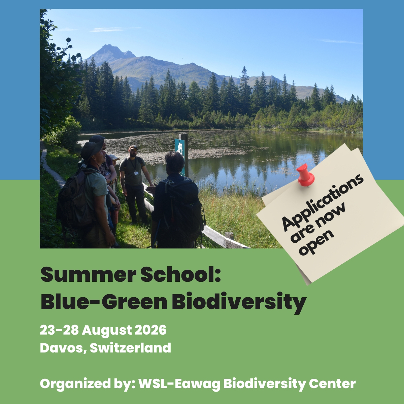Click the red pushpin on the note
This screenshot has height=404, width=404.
pyautogui.click(x=306, y=175)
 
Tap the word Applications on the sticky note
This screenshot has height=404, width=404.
pyautogui.click(x=323, y=203)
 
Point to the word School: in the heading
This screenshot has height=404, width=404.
pyautogui.click(x=180, y=274)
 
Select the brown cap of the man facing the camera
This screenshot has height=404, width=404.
pyautogui.click(x=134, y=147)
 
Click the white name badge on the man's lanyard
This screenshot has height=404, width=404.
pyautogui.click(x=136, y=173)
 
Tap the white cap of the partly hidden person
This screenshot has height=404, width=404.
pyautogui.click(x=114, y=157)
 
